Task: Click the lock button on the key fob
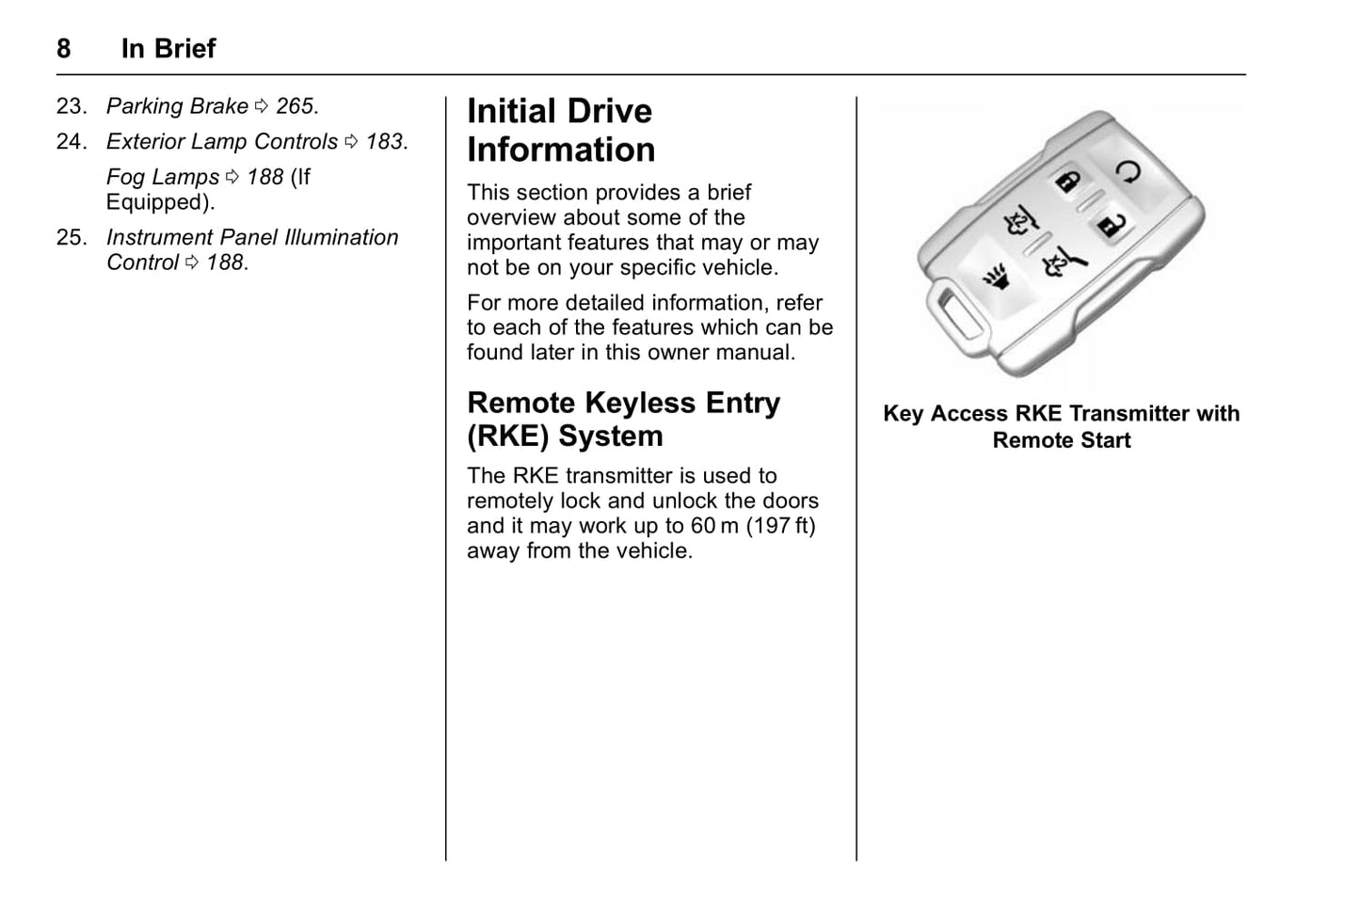click(x=1066, y=183)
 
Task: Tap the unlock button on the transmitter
click(x=1109, y=226)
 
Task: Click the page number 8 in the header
click(x=63, y=49)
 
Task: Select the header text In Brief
click(x=168, y=49)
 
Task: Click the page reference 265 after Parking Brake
click(x=296, y=106)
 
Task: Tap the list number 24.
click(x=71, y=142)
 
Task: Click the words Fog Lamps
click(x=162, y=177)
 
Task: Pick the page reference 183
click(x=384, y=142)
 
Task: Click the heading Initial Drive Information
click(x=560, y=131)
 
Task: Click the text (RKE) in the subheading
click(x=508, y=437)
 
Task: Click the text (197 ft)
click(x=781, y=526)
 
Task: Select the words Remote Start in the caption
click(x=1061, y=440)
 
